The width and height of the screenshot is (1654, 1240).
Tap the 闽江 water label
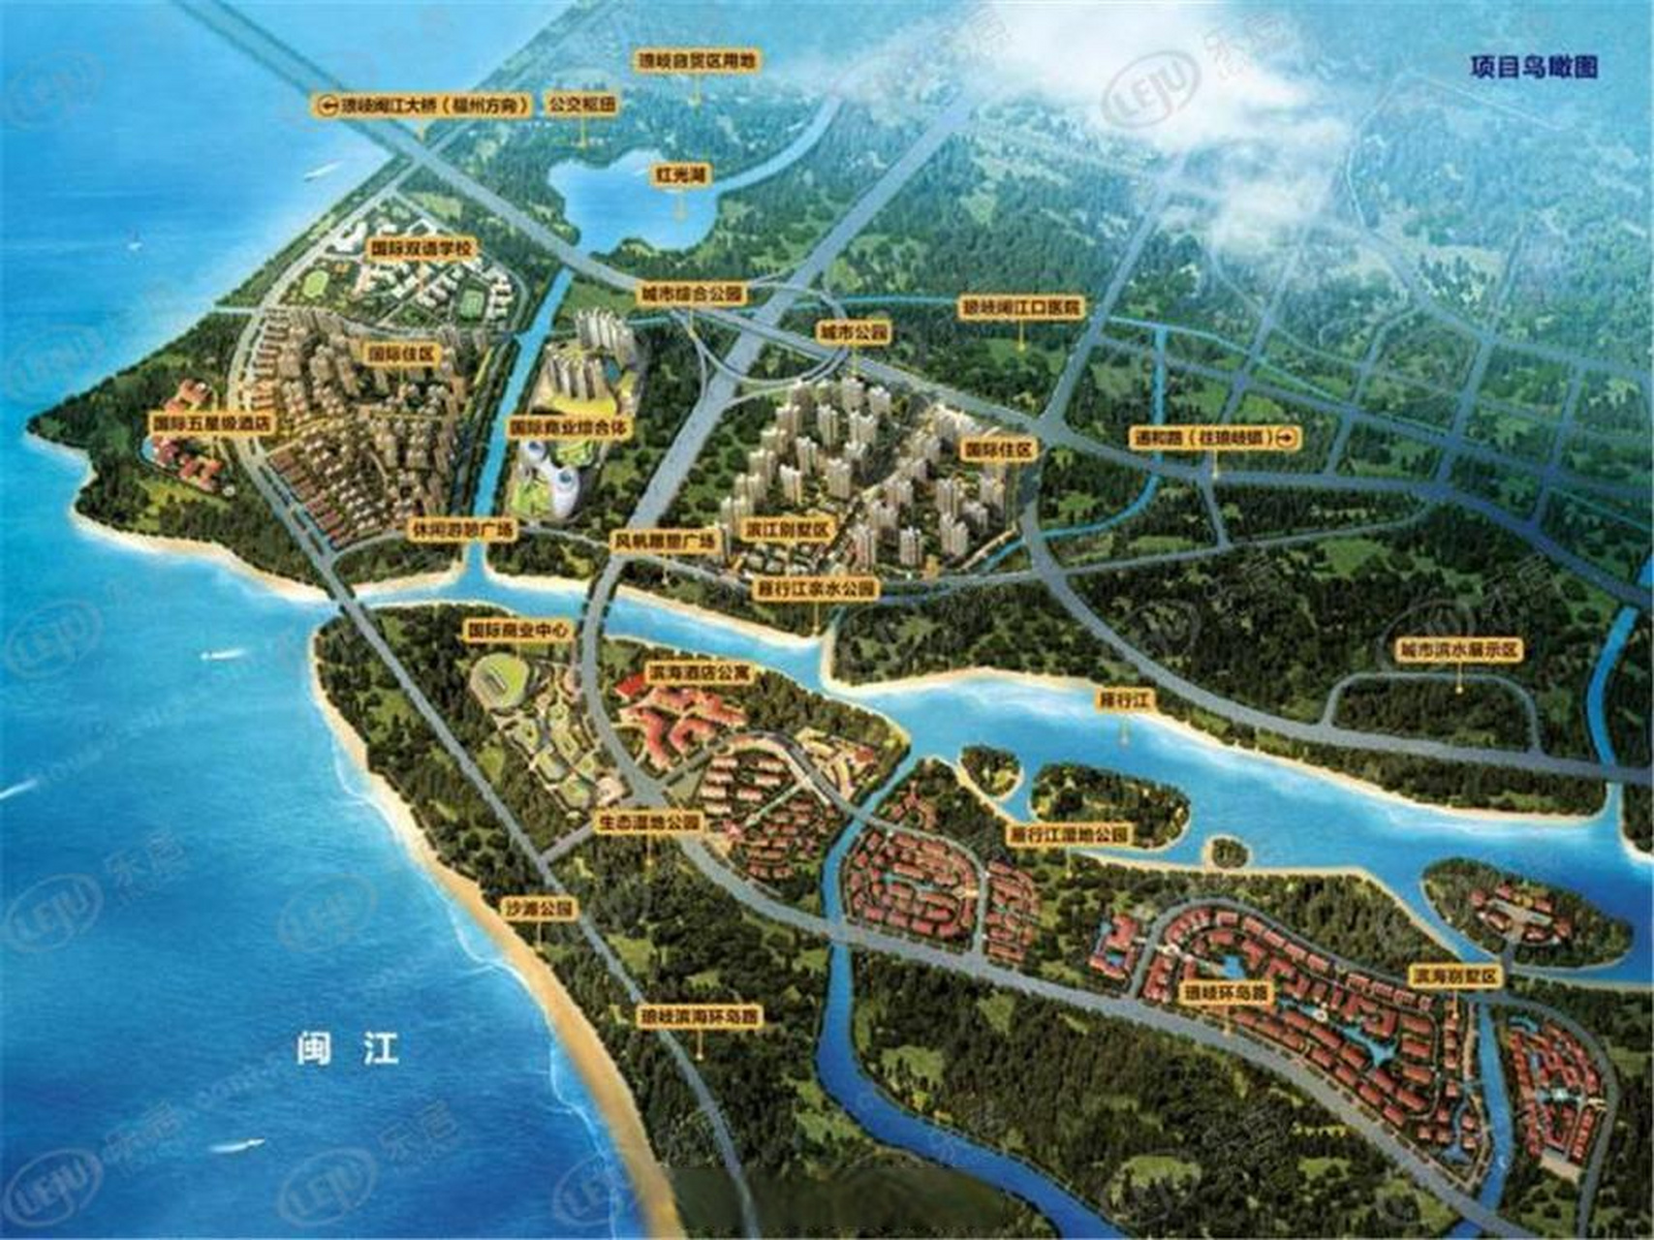tap(348, 1050)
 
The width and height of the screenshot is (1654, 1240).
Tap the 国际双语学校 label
tap(422, 249)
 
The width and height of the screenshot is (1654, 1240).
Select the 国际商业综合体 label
tap(568, 425)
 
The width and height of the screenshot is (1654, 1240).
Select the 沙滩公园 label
tap(539, 909)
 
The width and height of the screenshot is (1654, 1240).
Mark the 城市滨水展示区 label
tap(1459, 650)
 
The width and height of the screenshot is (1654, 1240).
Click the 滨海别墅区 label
tap(1455, 975)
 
